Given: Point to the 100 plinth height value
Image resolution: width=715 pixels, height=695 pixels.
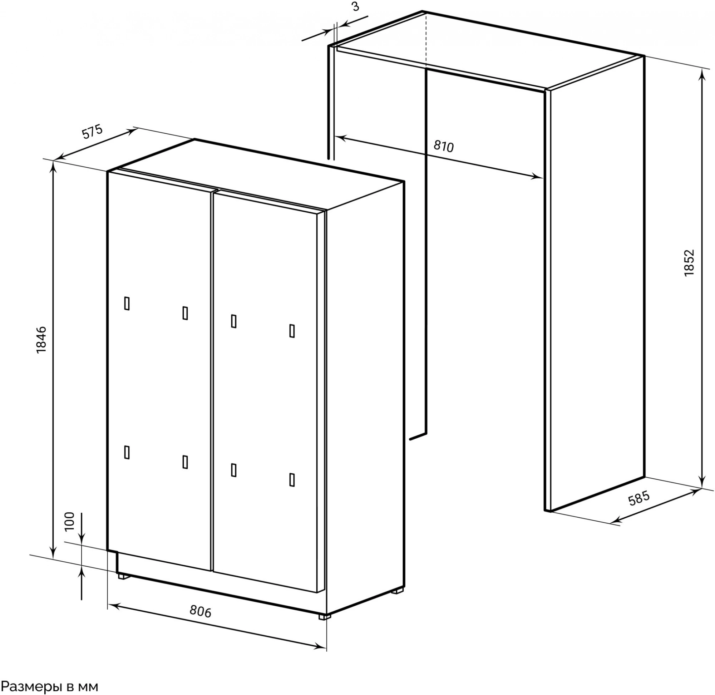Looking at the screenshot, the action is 69,521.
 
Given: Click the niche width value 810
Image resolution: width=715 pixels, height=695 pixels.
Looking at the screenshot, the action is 443,146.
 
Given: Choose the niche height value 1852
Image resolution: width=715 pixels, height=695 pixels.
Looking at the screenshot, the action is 688,263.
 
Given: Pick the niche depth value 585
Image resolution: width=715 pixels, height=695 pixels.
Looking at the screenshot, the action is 639,498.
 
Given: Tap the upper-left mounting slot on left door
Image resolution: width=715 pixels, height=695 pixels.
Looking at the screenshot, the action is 127,303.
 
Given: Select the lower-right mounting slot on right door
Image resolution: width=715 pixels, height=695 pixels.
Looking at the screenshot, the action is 292,480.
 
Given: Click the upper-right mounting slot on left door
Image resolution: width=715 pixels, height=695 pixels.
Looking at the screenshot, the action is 185,313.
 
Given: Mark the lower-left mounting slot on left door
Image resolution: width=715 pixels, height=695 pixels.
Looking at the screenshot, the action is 127,452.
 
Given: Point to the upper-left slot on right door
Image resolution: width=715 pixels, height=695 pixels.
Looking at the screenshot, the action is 233,321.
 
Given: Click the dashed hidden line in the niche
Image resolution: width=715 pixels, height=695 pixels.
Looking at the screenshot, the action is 426,40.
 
